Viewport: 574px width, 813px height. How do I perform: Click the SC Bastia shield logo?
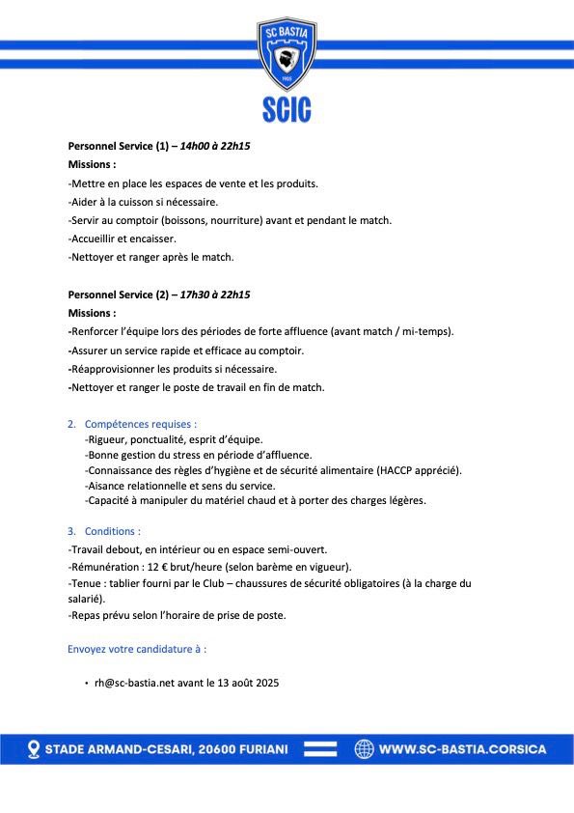(x=287, y=53)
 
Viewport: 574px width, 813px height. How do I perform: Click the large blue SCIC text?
(x=287, y=109)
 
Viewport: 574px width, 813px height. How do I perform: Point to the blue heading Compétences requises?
(x=141, y=424)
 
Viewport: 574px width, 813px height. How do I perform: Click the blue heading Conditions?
(x=112, y=531)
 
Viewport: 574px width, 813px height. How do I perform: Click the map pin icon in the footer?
(x=34, y=749)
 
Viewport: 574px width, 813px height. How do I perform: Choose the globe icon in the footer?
(x=364, y=749)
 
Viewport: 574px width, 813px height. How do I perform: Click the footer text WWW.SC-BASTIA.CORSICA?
(x=462, y=749)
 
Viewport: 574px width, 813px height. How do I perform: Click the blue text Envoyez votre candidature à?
(x=137, y=649)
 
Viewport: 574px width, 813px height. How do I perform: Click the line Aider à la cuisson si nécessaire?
(x=144, y=202)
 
